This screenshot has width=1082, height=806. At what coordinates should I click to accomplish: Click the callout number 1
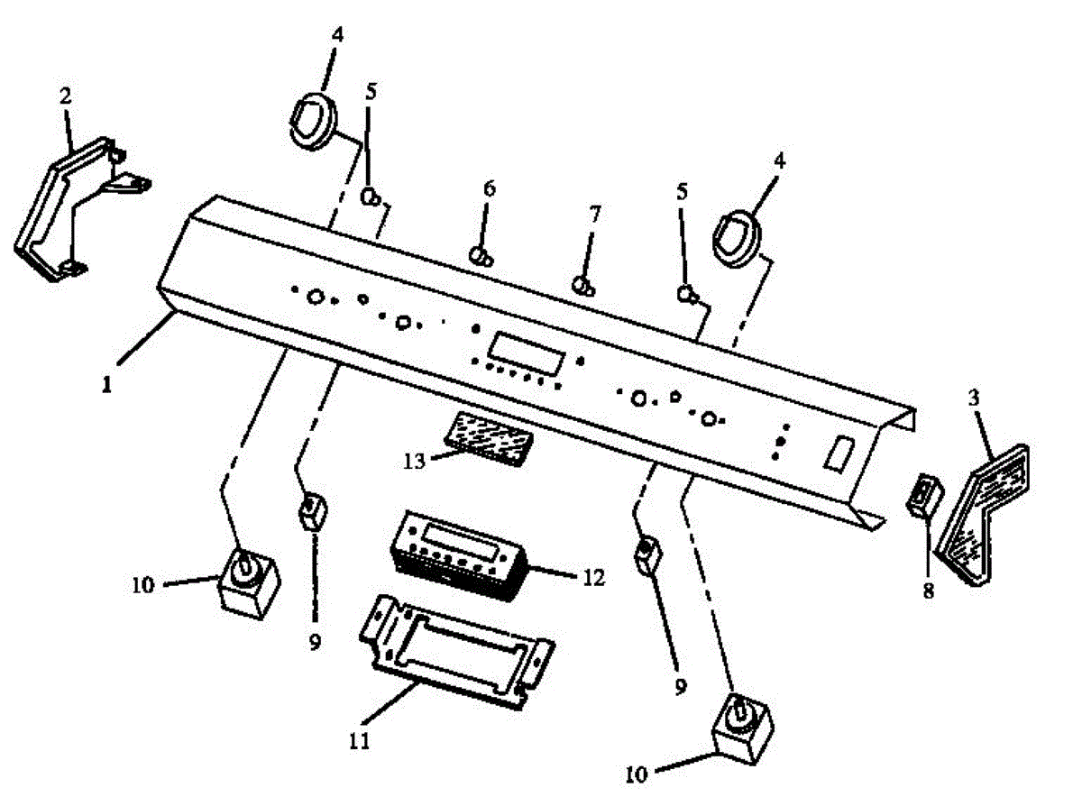(106, 384)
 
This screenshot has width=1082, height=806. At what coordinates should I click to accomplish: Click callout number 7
(593, 215)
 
